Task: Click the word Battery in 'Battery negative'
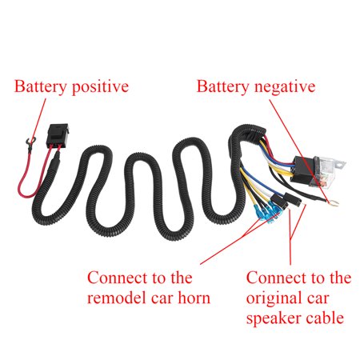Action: tap(223, 86)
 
